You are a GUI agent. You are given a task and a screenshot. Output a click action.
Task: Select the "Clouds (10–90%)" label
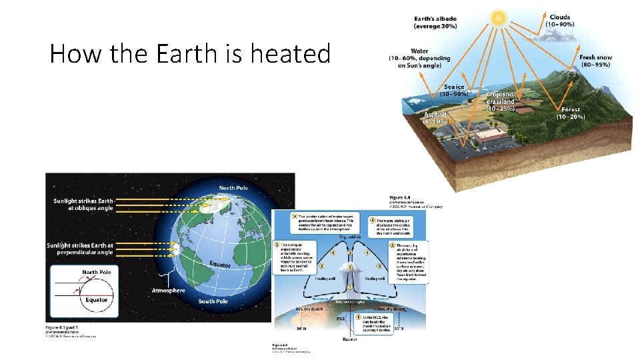click(x=559, y=20)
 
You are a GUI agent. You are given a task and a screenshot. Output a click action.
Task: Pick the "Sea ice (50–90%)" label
click(x=456, y=91)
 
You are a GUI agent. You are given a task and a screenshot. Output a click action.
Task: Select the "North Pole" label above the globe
click(x=233, y=188)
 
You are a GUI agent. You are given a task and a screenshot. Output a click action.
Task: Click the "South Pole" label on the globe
click(x=213, y=301)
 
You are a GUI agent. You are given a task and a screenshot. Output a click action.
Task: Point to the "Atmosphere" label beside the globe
click(x=169, y=291)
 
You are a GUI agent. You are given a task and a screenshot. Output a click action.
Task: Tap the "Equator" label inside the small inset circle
click(x=96, y=300)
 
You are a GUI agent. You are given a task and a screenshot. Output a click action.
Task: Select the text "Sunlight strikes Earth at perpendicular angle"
click(x=80, y=249)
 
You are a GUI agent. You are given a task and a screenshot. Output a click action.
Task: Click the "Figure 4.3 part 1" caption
click(x=61, y=328)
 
